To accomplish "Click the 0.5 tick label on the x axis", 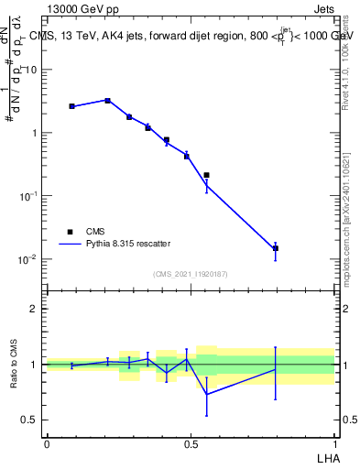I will click(x=191, y=442).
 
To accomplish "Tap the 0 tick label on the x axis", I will click(x=47, y=442).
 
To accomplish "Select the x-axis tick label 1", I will click(x=334, y=442).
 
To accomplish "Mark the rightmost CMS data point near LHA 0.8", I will click(x=276, y=248).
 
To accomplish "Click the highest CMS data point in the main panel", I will click(x=108, y=101).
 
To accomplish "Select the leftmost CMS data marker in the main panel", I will click(x=72, y=106).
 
